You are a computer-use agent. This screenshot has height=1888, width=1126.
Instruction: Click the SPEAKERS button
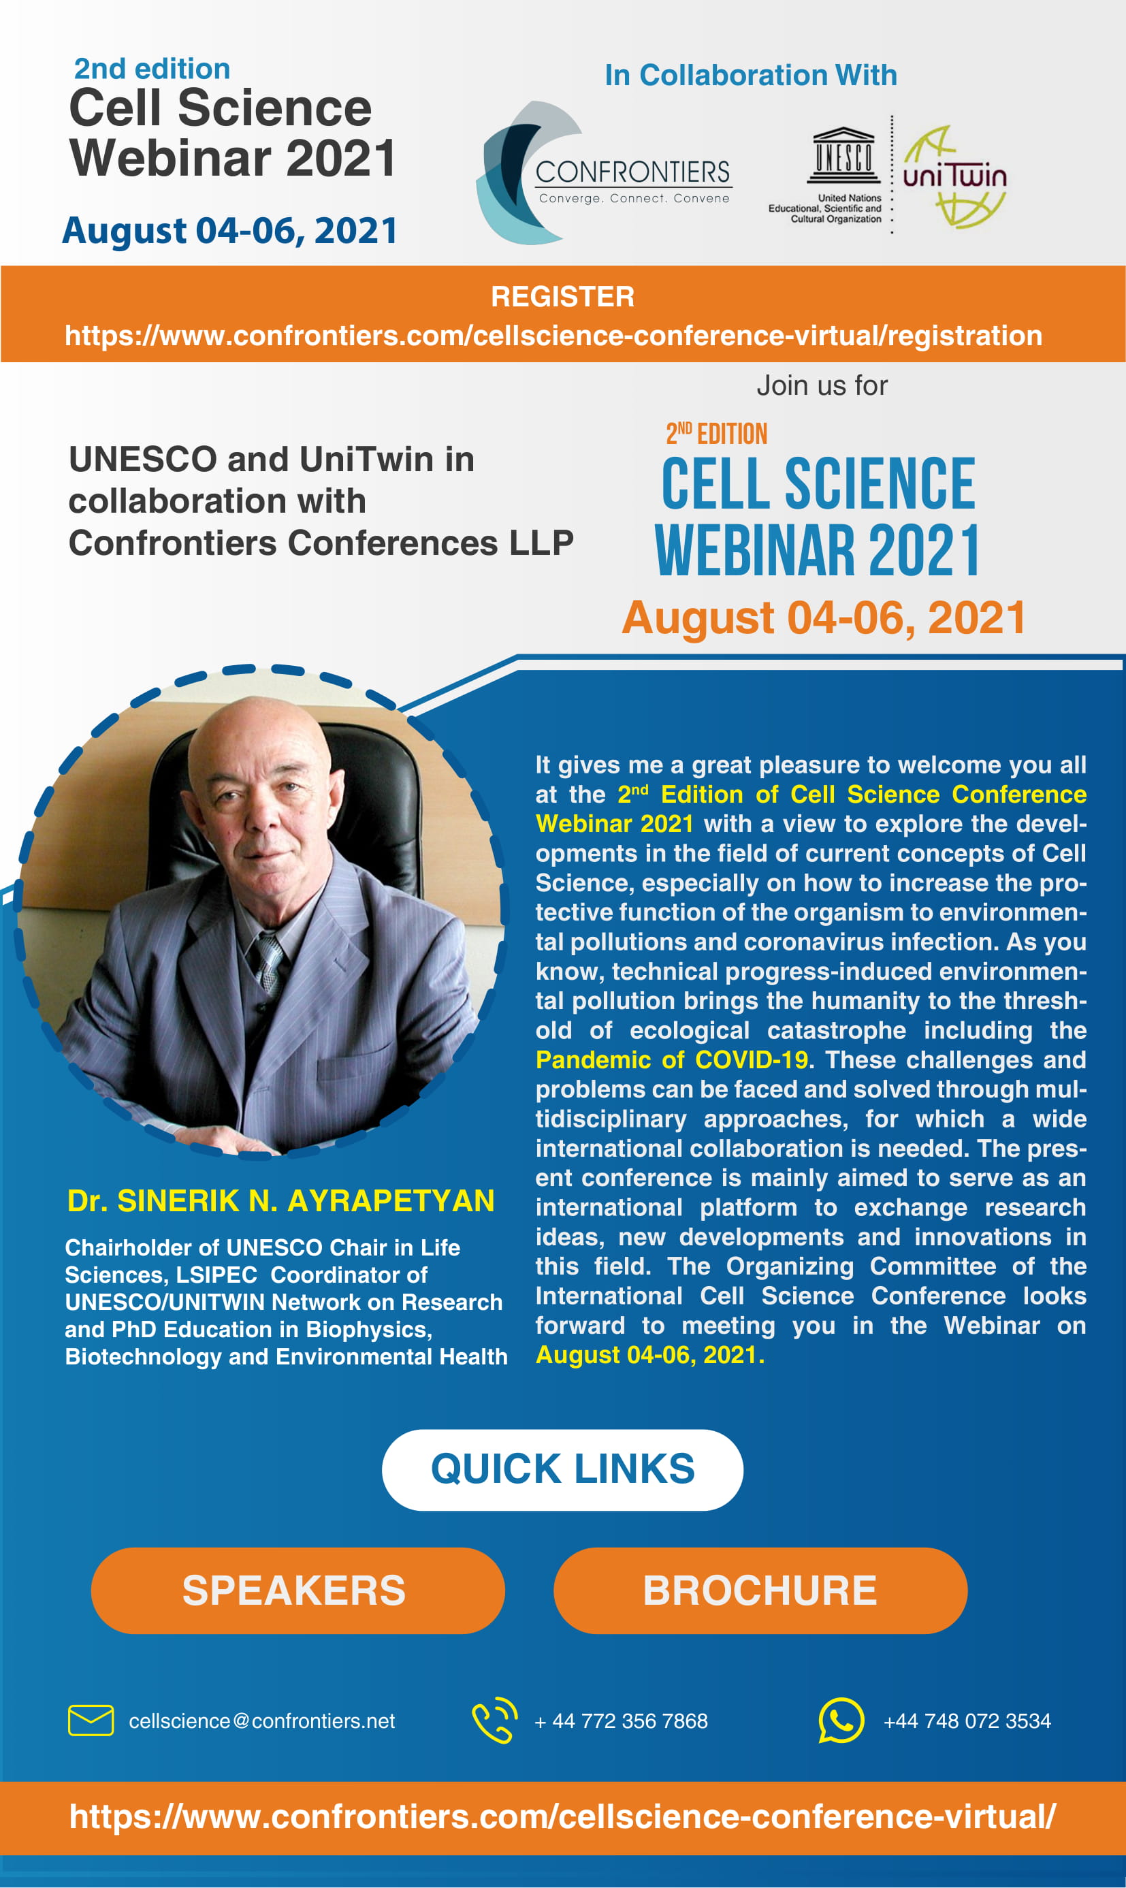(297, 1590)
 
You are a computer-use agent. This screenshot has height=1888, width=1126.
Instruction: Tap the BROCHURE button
(760, 1590)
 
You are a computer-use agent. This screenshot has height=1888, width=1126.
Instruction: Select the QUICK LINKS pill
(562, 1470)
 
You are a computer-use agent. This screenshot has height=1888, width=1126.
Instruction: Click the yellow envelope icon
(91, 1721)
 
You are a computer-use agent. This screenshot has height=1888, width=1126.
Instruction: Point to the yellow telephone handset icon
(495, 1720)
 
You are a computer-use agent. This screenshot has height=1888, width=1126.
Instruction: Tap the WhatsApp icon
(841, 1721)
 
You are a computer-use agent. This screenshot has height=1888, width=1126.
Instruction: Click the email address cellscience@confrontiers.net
(262, 1721)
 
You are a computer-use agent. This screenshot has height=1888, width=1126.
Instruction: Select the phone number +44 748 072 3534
(967, 1721)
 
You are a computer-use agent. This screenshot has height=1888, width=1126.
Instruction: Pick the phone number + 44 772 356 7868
(621, 1721)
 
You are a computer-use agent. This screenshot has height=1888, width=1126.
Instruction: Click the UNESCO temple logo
(843, 155)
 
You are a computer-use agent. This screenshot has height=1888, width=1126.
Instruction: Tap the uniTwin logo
(954, 177)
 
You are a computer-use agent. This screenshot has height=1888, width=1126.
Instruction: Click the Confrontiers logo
(604, 173)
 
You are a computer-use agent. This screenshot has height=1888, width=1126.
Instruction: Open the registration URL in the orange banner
(553, 336)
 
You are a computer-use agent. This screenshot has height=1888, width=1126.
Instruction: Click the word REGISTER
(562, 297)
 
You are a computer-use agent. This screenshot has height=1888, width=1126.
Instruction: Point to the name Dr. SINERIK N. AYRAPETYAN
(280, 1200)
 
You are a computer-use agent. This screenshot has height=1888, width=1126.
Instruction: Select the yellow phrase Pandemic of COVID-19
(671, 1059)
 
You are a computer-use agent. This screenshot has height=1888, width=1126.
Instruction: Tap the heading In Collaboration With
(750, 75)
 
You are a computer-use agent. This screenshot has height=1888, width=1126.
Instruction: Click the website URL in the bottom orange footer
(562, 1817)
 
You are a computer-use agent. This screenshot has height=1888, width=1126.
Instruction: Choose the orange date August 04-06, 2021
(824, 617)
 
